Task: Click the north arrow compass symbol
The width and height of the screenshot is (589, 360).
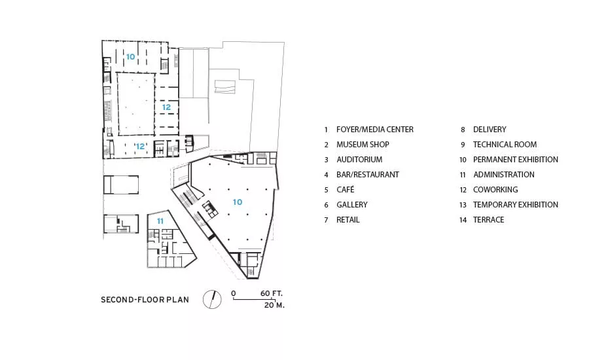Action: tap(212, 300)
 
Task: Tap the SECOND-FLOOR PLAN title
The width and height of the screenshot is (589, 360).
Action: tap(145, 300)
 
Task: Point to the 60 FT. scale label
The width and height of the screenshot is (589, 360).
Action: tap(271, 293)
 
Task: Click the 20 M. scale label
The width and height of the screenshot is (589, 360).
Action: tap(274, 305)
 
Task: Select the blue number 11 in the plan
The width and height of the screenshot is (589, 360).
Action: tap(160, 221)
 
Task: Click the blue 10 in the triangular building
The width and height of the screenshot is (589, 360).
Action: tap(238, 202)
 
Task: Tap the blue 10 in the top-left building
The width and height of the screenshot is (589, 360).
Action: tap(130, 57)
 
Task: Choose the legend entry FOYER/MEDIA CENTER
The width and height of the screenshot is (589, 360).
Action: tap(375, 130)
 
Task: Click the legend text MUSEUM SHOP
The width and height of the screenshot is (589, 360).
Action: tap(363, 145)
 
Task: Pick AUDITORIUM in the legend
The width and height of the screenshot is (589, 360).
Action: tap(359, 160)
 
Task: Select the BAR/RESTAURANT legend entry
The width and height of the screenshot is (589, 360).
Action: tap(368, 175)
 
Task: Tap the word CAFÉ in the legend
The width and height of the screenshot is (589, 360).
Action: tap(346, 189)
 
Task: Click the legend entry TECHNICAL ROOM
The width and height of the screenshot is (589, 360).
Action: tap(505, 145)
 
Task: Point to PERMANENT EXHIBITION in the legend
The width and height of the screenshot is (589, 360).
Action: tap(516, 160)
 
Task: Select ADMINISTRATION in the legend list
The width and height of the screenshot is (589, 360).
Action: tap(504, 175)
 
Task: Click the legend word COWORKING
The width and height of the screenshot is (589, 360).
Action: tap(495, 190)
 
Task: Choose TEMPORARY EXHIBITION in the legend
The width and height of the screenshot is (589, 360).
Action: tap(516, 205)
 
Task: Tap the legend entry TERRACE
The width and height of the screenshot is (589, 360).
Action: tap(489, 220)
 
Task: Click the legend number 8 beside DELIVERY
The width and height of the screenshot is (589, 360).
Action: tap(463, 130)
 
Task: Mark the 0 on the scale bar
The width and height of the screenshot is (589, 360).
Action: tap(234, 293)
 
